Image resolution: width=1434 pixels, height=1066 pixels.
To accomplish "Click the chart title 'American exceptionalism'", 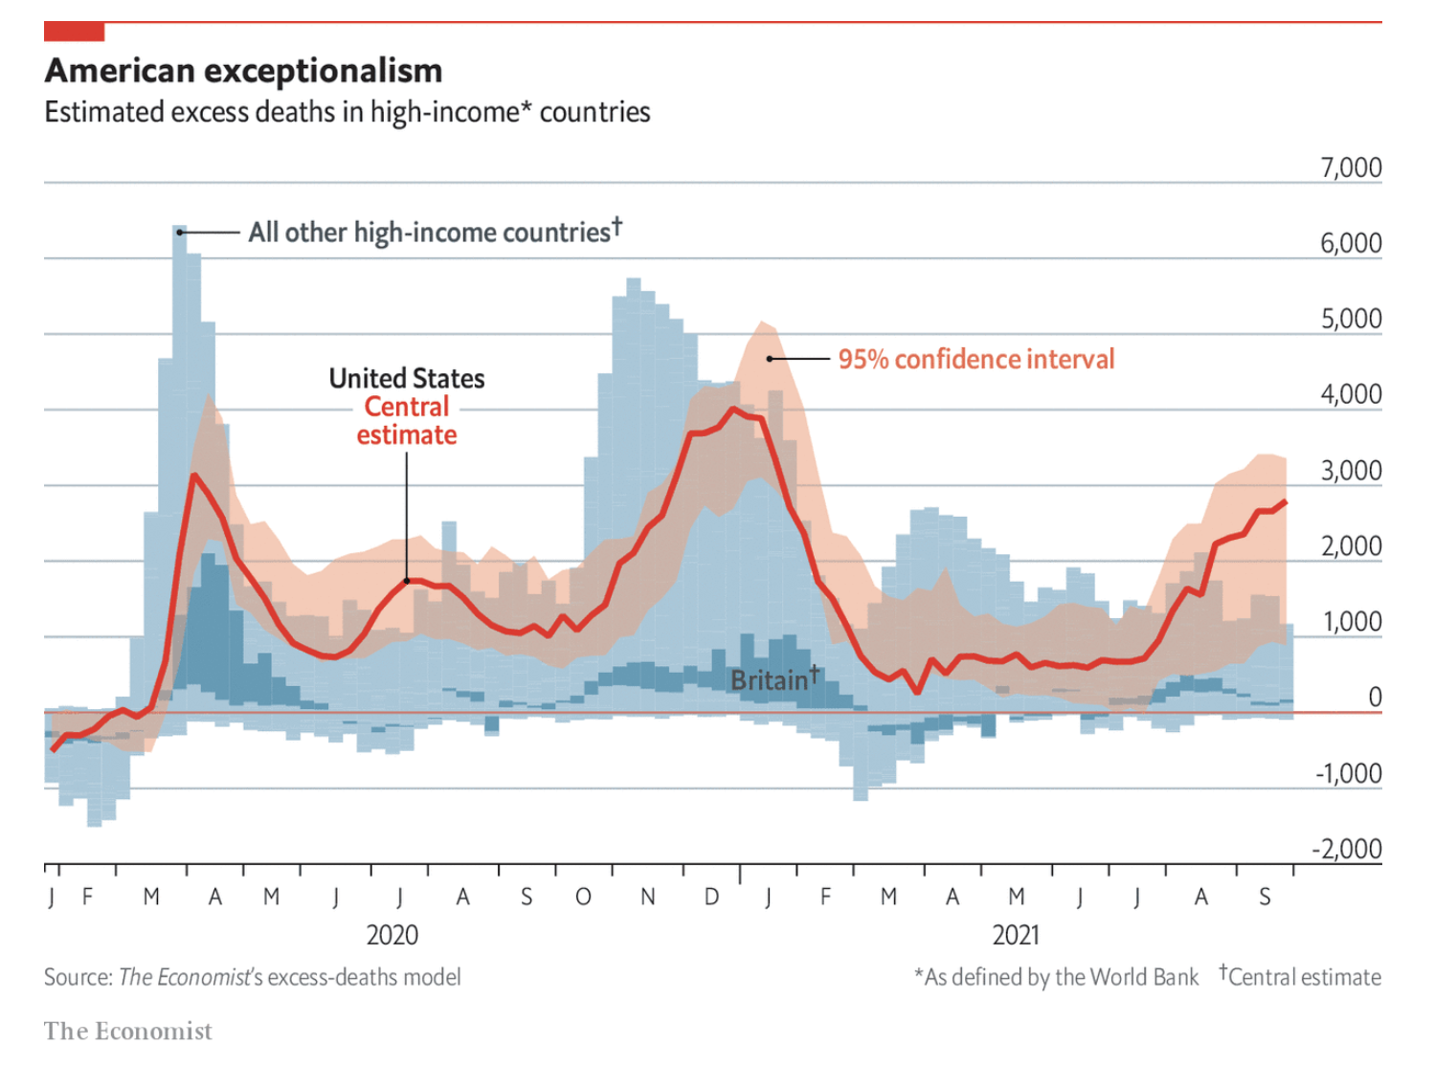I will [x=243, y=71].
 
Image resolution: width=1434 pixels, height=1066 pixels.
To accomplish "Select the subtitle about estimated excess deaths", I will [x=347, y=112].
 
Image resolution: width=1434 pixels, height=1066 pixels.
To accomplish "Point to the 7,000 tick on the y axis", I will [x=1350, y=167].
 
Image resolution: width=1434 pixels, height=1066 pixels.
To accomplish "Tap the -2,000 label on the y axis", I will [x=1346, y=849].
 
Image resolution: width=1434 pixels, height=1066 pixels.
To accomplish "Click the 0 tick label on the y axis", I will [x=1374, y=697].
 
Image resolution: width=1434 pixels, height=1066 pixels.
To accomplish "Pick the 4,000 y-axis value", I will [x=1350, y=394].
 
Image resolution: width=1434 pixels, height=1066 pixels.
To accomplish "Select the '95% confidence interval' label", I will [x=975, y=359].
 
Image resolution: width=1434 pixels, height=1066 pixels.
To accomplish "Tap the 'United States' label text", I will [x=407, y=378].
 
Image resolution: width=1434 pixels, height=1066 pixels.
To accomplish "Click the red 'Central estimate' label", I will [x=407, y=421].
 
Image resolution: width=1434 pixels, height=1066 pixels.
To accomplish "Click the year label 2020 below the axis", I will [x=392, y=935].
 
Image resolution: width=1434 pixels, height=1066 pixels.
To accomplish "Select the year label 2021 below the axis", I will [x=1016, y=935].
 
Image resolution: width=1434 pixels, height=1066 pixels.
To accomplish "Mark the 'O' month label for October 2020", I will [x=583, y=898].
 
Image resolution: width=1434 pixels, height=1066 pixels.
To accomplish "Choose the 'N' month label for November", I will [x=648, y=898].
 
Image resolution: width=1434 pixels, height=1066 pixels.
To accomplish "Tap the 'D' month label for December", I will [x=711, y=898].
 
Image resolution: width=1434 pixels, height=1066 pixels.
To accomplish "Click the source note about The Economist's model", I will [x=252, y=977].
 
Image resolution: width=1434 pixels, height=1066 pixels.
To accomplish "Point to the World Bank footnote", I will [x=1056, y=977].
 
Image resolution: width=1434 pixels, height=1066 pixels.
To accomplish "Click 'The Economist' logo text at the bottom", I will [x=127, y=1031].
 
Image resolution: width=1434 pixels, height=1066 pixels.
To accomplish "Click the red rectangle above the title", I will [x=74, y=32].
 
